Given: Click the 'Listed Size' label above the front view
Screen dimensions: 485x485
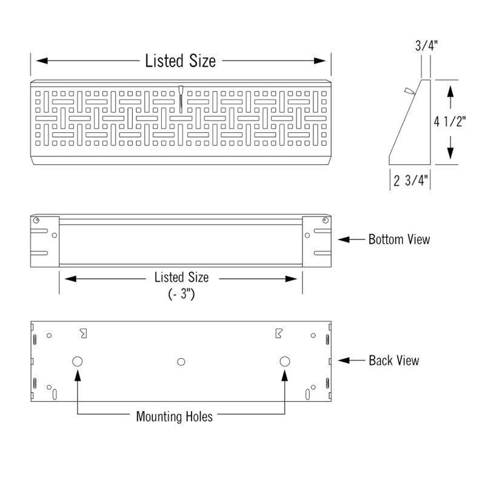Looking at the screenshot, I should tap(180, 61).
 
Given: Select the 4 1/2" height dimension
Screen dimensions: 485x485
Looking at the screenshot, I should tap(450, 121).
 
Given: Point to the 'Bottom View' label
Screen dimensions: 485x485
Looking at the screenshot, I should tap(399, 239).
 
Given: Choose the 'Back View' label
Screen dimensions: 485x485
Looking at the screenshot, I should tap(393, 361).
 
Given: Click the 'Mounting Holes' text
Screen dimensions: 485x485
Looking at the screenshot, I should tap(174, 417).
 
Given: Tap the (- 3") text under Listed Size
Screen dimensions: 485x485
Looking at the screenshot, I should tap(181, 295).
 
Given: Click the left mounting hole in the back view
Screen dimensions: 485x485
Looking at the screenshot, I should tap(78, 361).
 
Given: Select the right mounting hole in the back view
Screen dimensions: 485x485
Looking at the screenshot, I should tap(284, 361).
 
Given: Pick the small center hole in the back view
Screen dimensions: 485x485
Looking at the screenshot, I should tap(180, 362).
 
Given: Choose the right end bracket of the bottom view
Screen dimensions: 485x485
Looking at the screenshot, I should tap(316, 241).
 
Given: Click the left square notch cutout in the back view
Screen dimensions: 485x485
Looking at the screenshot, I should tap(83, 333).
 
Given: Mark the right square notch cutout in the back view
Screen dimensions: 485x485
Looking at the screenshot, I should tap(278, 333).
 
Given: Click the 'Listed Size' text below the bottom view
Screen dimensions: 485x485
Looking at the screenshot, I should tap(181, 278).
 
